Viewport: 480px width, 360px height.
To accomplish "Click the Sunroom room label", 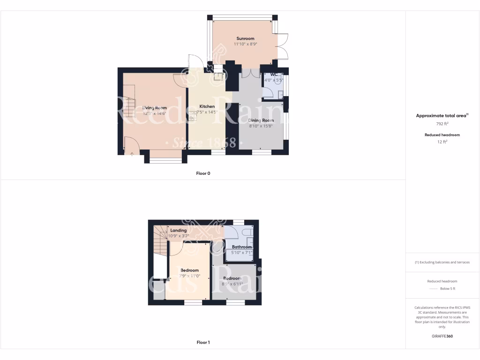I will pyautogui.click(x=245, y=38).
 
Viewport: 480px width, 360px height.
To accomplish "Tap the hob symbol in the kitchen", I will pyautogui.click(x=193, y=116).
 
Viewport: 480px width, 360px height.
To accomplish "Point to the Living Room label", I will pyautogui.click(x=154, y=108).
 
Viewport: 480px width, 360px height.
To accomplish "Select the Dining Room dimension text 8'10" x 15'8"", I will pyautogui.click(x=261, y=126).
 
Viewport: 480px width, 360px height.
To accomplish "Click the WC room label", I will pyautogui.click(x=274, y=75).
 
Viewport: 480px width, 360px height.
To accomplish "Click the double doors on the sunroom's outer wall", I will pyautogui.click(x=283, y=47).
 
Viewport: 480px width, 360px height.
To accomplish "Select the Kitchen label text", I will pyautogui.click(x=207, y=106).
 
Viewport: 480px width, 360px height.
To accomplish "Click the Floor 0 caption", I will pyautogui.click(x=203, y=173).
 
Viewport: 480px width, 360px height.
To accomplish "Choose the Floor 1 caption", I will pyautogui.click(x=203, y=343).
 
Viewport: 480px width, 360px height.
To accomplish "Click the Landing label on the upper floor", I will pyautogui.click(x=179, y=231).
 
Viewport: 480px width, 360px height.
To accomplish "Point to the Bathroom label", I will pyautogui.click(x=242, y=247).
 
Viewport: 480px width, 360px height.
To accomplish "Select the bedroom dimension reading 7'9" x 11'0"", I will pyautogui.click(x=190, y=276).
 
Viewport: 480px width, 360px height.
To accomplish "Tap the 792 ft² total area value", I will pyautogui.click(x=442, y=125).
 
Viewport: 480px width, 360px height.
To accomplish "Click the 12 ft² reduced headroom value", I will pyautogui.click(x=442, y=141).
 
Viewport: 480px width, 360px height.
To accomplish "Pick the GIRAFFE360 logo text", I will pyautogui.click(x=442, y=336).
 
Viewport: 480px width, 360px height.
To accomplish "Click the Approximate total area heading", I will pyautogui.click(x=442, y=115).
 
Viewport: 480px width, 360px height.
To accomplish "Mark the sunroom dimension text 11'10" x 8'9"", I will pyautogui.click(x=246, y=44).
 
